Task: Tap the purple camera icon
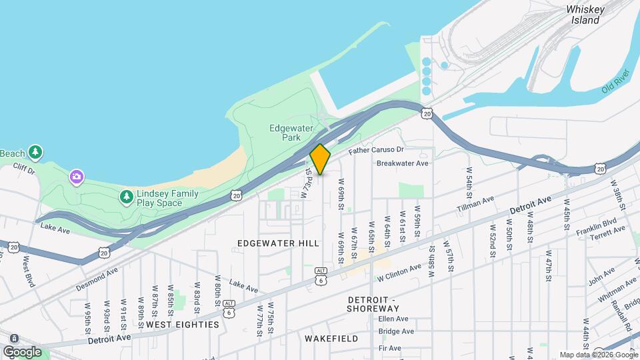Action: click(x=77, y=176)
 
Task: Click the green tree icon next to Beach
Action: click(x=35, y=153)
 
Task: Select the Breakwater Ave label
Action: click(x=402, y=163)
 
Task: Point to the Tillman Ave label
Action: click(x=475, y=204)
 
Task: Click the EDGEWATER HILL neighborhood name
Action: click(x=278, y=243)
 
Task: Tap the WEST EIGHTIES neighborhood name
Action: click(x=182, y=324)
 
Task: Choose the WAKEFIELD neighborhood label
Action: click(x=327, y=338)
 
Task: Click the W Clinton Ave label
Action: click(x=398, y=272)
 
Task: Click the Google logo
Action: click(x=22, y=352)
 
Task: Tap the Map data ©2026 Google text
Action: click(x=598, y=355)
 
